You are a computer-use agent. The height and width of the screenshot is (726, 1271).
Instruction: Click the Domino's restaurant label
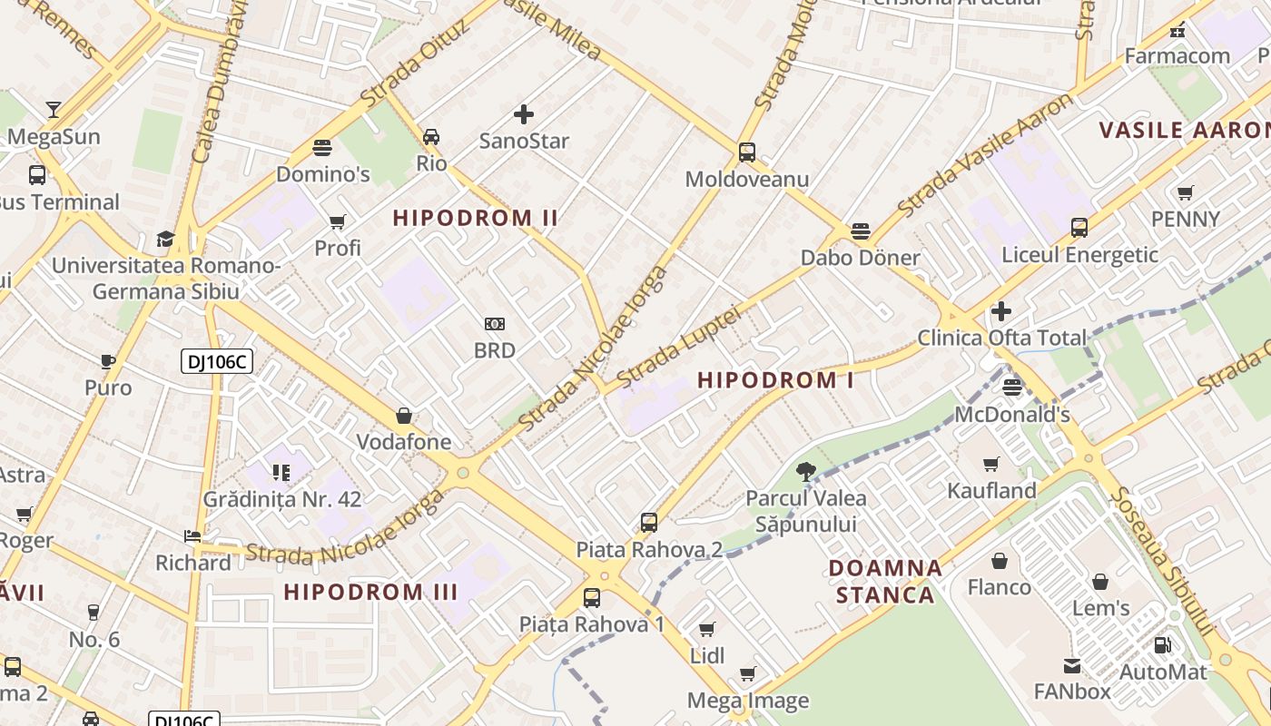tap(322, 173)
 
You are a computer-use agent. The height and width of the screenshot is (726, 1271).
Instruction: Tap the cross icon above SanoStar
tap(524, 114)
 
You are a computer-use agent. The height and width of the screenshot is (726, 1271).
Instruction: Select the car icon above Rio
tap(431, 137)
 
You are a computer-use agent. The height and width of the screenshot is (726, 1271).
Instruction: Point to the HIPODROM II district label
tap(475, 218)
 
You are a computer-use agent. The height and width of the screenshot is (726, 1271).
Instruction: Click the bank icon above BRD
tap(495, 324)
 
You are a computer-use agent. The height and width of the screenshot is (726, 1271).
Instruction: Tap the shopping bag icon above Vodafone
tap(404, 417)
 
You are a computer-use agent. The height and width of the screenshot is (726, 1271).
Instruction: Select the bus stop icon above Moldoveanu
tap(746, 152)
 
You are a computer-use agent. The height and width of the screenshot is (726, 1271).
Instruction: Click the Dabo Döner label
tap(860, 258)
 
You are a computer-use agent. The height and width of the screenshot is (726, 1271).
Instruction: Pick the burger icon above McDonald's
tap(1012, 388)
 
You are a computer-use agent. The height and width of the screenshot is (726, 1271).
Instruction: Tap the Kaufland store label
tap(991, 491)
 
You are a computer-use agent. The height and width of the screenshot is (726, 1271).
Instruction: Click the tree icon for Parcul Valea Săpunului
tap(805, 471)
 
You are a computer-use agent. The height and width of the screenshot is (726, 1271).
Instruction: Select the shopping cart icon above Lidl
tap(707, 629)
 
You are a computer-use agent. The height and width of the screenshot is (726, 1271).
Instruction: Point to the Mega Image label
tap(747, 701)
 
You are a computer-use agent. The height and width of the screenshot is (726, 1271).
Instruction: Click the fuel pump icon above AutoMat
tap(1162, 645)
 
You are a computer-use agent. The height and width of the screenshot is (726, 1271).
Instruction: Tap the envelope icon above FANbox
tap(1072, 665)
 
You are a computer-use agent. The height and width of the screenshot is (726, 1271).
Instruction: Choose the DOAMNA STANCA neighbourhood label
tap(885, 581)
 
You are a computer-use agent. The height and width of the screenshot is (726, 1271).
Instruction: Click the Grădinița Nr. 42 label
tap(282, 499)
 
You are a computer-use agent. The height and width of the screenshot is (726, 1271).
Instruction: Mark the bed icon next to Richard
tap(192, 536)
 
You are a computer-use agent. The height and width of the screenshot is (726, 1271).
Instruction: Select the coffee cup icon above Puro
tap(108, 361)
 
